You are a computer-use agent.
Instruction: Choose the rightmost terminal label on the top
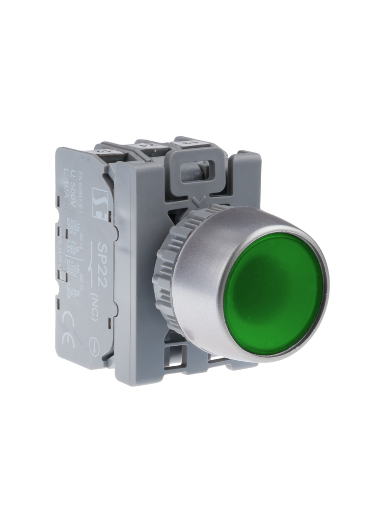click(x=189, y=142)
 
